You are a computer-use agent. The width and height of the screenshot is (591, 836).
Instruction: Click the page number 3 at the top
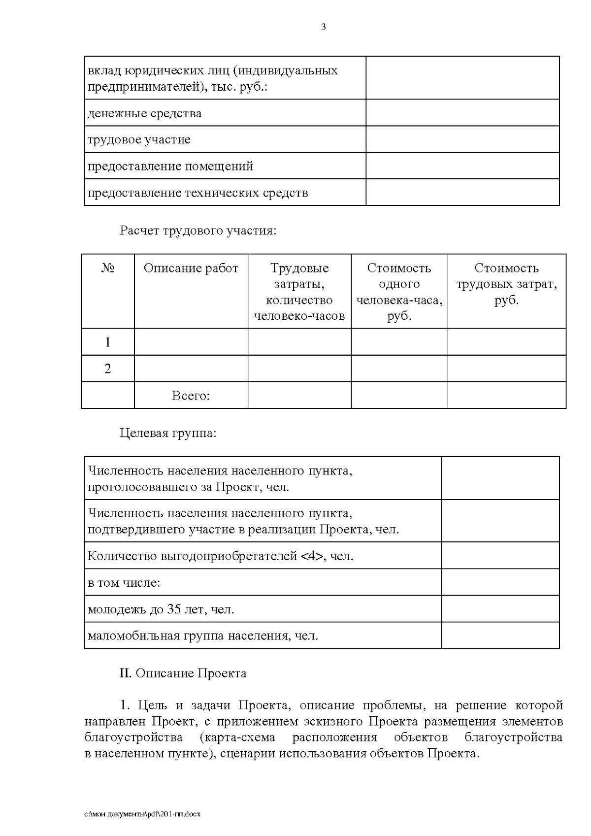coord(324,28)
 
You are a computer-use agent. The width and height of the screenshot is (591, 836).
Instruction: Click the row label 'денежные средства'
coord(144,113)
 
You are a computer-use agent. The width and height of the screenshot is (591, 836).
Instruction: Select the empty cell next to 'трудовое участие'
coord(462,139)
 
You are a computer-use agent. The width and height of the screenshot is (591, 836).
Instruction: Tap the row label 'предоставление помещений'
coord(170,166)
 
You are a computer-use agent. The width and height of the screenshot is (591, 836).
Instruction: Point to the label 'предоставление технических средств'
coord(197,193)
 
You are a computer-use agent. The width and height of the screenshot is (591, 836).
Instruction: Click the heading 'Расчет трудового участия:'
coord(198,231)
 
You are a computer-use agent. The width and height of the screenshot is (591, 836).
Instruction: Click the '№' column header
coord(108,268)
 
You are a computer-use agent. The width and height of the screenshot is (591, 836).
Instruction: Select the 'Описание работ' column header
coord(191,268)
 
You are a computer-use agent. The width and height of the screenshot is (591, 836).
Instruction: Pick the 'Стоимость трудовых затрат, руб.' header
coord(506,284)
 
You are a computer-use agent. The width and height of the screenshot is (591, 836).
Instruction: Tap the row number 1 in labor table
coord(108,342)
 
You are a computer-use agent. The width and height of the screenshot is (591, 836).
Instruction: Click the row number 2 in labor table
coord(108,368)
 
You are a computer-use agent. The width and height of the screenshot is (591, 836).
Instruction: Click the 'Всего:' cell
coord(191,396)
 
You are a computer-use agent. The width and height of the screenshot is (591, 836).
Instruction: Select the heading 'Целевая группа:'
coord(168,434)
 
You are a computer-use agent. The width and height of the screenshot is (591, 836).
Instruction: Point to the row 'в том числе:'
coord(124,583)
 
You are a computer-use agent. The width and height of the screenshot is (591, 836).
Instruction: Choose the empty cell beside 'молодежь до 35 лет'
coord(500,609)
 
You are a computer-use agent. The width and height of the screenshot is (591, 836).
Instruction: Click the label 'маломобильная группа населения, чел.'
coord(203,636)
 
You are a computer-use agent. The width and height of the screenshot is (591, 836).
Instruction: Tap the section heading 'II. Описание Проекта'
coord(183,673)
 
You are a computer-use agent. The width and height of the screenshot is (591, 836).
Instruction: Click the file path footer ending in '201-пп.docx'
coord(142,814)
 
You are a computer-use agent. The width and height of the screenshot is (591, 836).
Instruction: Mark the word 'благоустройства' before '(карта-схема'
coord(133,738)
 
